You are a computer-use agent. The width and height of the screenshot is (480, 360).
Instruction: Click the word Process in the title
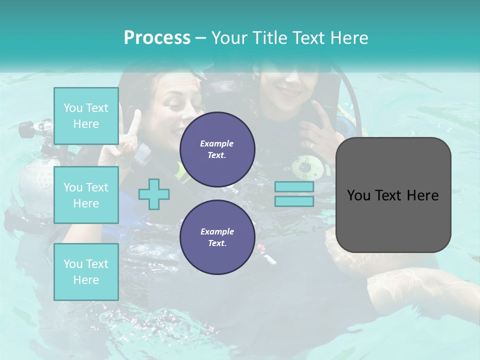[x=157, y=38]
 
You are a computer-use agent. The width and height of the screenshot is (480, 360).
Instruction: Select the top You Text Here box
[x=86, y=116]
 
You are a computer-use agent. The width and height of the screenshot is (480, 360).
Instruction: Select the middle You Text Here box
[x=86, y=195]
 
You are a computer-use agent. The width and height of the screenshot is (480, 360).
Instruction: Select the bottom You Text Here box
[x=86, y=271]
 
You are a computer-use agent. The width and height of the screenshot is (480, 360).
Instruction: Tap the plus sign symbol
[x=154, y=194]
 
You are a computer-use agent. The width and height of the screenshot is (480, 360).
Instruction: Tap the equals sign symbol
[x=294, y=194]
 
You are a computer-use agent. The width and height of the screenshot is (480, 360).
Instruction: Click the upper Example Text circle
[x=217, y=149]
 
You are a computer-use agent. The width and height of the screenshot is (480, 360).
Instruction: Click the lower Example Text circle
[x=217, y=237]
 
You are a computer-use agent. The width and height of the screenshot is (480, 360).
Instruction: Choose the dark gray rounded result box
[x=393, y=195]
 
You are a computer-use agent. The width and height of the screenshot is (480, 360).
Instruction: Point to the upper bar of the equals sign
[x=294, y=187]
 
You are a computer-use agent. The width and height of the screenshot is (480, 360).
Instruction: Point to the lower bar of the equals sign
[x=294, y=201]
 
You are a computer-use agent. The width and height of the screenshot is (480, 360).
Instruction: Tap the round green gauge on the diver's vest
[x=305, y=167]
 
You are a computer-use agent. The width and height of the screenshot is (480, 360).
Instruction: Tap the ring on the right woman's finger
[x=311, y=145]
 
